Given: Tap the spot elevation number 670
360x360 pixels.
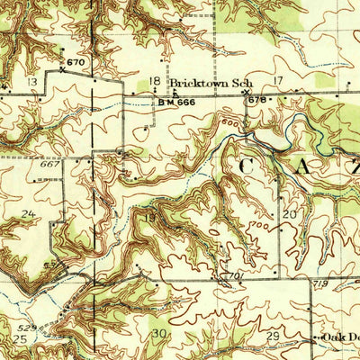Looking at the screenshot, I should tap(76, 61).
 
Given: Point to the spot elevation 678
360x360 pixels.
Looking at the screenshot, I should tap(258, 98).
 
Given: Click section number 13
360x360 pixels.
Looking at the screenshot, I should tap(32, 82).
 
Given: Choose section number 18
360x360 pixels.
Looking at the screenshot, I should tap(154, 82).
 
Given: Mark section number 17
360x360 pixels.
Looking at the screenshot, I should tap(278, 81).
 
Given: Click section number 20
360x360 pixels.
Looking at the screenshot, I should tap(289, 214).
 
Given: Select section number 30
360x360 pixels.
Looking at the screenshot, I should tap(159, 333).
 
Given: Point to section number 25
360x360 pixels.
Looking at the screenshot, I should tap(20, 340).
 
